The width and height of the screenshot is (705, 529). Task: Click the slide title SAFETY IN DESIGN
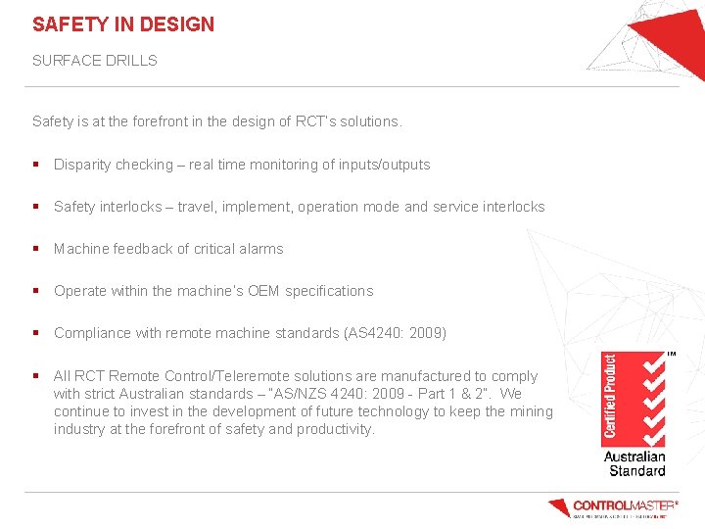click(123, 24)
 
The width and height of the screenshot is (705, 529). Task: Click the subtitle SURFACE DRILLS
click(95, 61)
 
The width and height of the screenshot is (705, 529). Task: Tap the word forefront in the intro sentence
click(174, 121)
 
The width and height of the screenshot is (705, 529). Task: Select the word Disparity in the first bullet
click(84, 165)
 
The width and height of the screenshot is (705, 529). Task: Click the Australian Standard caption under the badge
click(634, 463)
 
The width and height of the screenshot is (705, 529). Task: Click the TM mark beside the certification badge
click(672, 355)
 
